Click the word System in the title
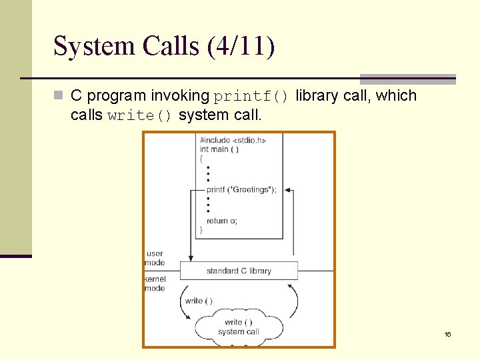pyautogui.click(x=93, y=47)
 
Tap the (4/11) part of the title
pyautogui.click(x=241, y=47)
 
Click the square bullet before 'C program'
pyautogui.click(x=59, y=96)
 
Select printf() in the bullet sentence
pyautogui.click(x=251, y=96)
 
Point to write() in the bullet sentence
pyautogui.click(x=140, y=115)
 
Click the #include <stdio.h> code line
pyautogui.click(x=233, y=141)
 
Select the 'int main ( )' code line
pyautogui.click(x=219, y=149)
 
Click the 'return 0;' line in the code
pyautogui.click(x=222, y=221)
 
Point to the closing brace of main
pyautogui.click(x=201, y=229)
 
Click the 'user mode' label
pyautogui.click(x=155, y=258)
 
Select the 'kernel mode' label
pyautogui.click(x=155, y=283)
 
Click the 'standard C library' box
pyautogui.click(x=239, y=271)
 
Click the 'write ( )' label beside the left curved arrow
pyautogui.click(x=199, y=301)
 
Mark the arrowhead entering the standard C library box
pyautogui.click(x=191, y=258)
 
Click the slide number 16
pyautogui.click(x=447, y=334)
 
